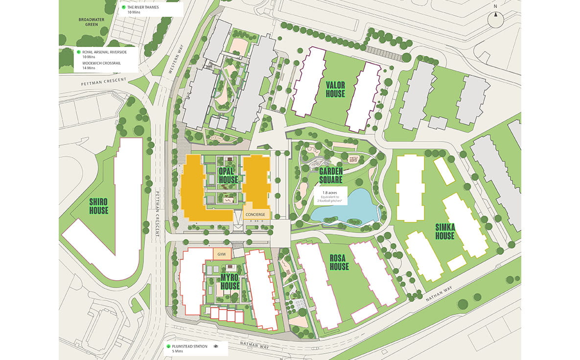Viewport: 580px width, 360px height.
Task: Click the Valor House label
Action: [335, 89]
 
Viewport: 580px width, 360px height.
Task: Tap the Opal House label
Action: [228, 175]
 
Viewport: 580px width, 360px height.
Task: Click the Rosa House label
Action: [339, 262]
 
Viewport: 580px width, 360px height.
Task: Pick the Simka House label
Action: [444, 231]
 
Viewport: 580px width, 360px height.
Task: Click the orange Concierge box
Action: [256, 215]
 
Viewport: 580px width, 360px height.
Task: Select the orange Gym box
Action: [221, 254]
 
